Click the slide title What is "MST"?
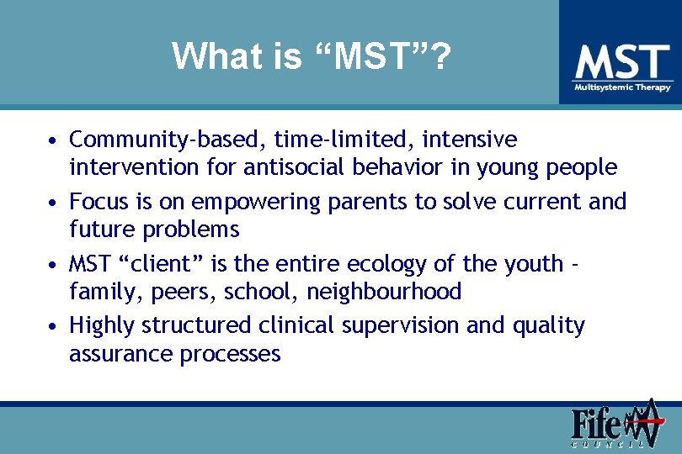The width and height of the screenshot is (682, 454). tap(312, 57)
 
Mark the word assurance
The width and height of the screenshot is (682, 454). tap(121, 353)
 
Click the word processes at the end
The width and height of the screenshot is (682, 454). tap(230, 353)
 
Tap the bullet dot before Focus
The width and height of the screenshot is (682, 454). tap(53, 203)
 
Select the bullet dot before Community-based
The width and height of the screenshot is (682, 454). tap(53, 140)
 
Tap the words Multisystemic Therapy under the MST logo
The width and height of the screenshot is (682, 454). tap(622, 87)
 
